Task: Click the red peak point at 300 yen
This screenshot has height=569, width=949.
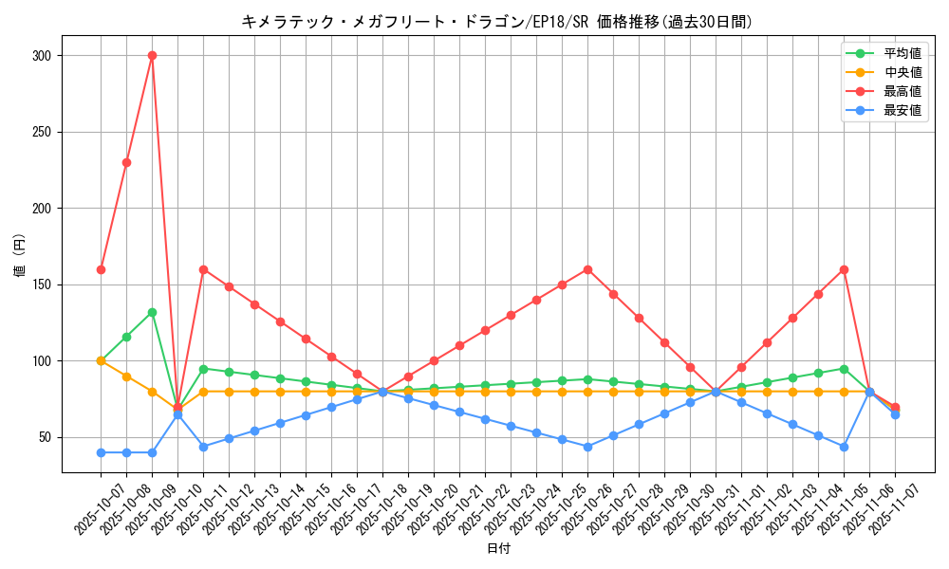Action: point(152,55)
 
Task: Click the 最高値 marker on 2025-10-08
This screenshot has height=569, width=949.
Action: point(126,162)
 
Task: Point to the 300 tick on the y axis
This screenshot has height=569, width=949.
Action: point(41,56)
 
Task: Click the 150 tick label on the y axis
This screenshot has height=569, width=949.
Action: point(41,284)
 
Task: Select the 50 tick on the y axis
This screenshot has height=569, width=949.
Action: point(45,437)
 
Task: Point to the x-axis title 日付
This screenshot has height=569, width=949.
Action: point(498,549)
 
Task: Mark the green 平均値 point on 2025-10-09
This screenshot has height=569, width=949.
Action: point(152,312)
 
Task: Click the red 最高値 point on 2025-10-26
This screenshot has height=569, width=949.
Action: point(587,269)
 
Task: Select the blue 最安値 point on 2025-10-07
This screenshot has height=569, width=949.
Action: point(101,452)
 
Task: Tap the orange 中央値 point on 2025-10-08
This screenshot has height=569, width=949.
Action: point(126,376)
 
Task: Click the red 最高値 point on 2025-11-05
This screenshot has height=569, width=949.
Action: point(844,269)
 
